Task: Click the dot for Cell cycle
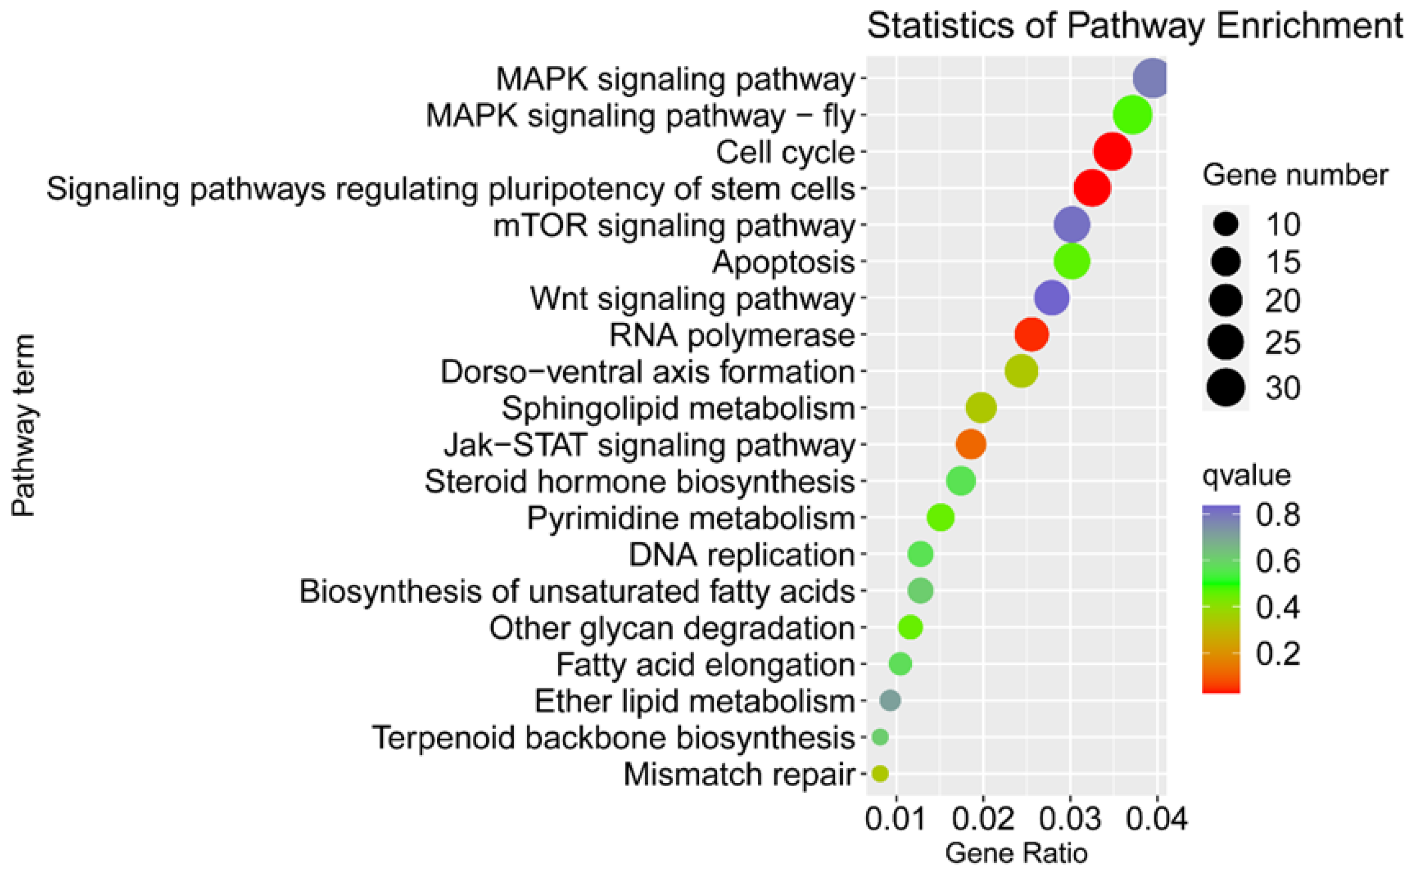pyautogui.click(x=1112, y=152)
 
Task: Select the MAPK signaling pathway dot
pyautogui.click(x=1150, y=79)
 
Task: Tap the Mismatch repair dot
pyautogui.click(x=880, y=773)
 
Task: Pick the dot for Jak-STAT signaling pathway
pyautogui.click(x=971, y=444)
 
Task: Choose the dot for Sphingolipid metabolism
pyautogui.click(x=981, y=408)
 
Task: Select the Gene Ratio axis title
pyautogui.click(x=1016, y=853)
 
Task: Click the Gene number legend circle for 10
pyautogui.click(x=1225, y=224)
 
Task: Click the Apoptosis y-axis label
pyautogui.click(x=784, y=262)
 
